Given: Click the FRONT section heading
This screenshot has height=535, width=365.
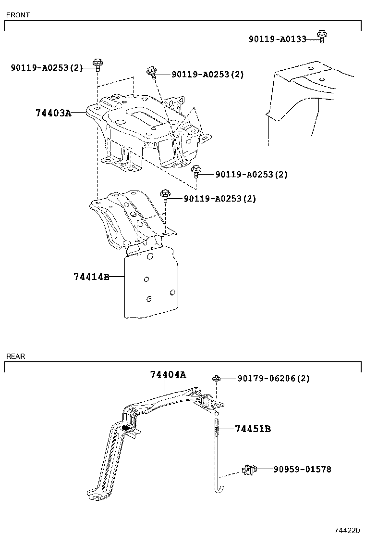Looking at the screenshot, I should click(x=18, y=15).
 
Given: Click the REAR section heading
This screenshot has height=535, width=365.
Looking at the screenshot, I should click(x=16, y=357).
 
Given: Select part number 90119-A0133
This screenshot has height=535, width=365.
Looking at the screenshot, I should click(x=277, y=39).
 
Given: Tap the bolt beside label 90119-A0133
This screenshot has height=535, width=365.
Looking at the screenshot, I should click(x=321, y=35).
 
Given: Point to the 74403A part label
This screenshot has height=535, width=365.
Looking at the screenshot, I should click(x=53, y=113).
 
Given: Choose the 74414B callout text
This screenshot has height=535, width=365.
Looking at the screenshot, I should click(x=91, y=277).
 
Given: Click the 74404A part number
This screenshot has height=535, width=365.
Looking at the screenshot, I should click(x=168, y=374).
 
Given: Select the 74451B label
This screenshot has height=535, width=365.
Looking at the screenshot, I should click(x=253, y=429).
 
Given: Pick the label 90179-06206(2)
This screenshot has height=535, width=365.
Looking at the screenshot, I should click(x=273, y=379).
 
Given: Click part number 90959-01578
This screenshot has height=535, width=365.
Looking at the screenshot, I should click(x=302, y=469).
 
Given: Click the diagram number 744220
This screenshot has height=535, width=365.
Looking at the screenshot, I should click(x=347, y=530).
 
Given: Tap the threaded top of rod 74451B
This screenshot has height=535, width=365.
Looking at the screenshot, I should click(x=217, y=426).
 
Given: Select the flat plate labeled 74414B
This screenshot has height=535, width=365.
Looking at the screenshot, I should click(x=150, y=286).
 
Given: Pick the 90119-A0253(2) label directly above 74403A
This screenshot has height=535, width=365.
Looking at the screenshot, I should click(x=47, y=68).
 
